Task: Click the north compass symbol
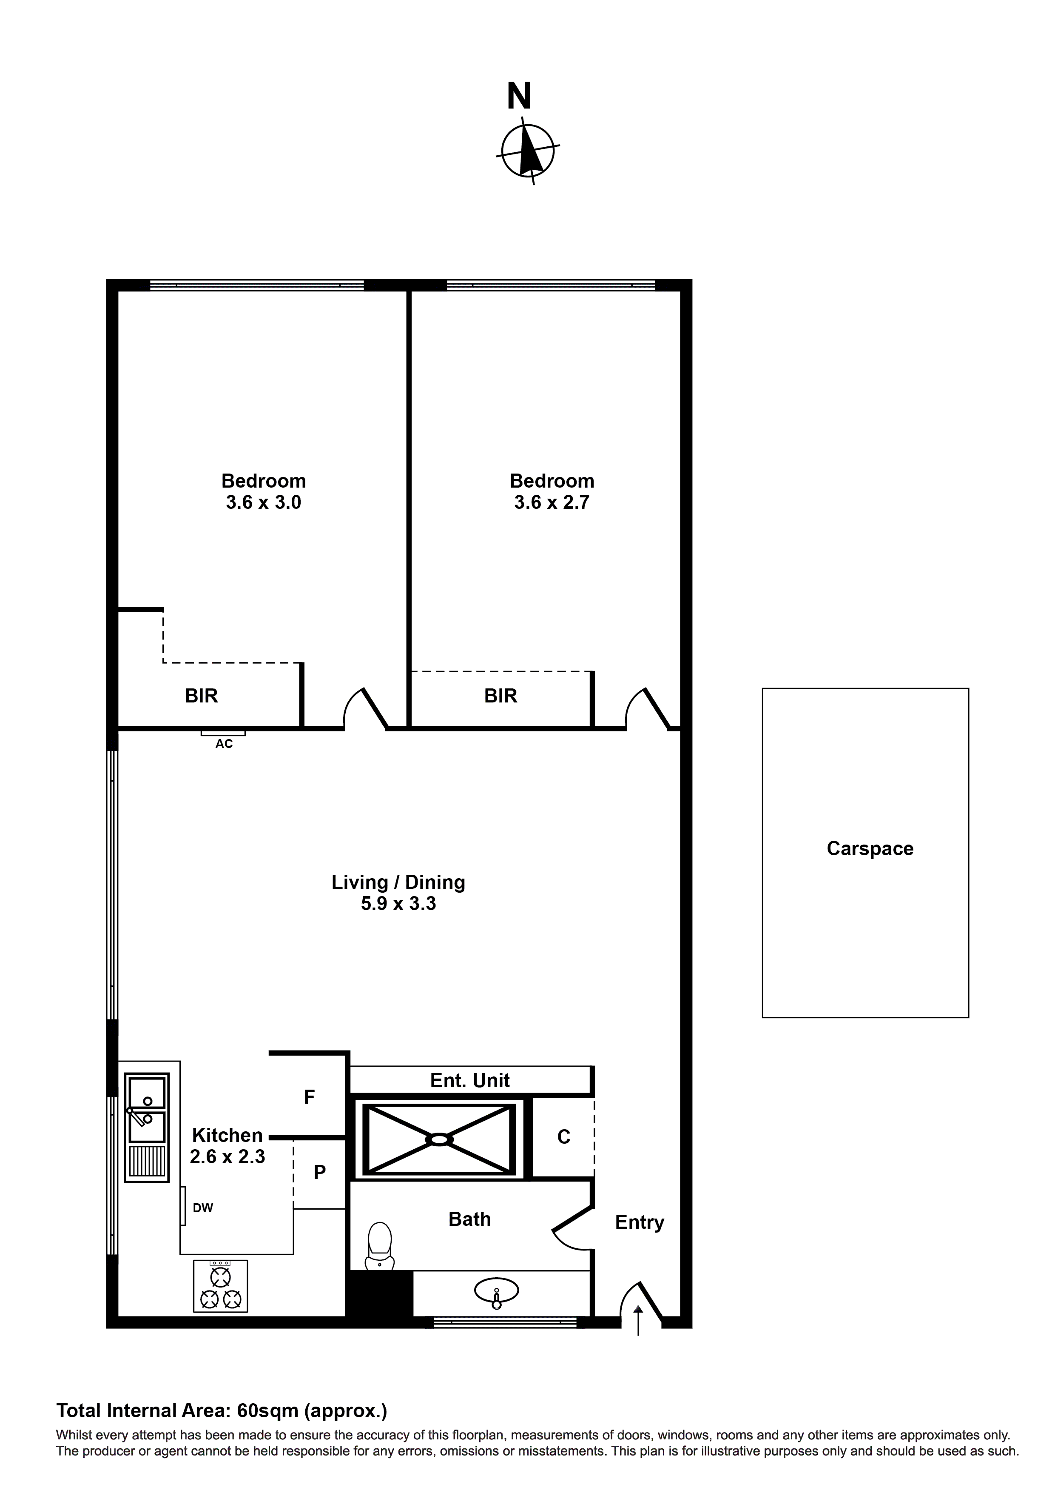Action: pyautogui.click(x=527, y=150)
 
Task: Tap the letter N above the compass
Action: pyautogui.click(x=519, y=96)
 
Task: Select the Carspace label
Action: pyautogui.click(x=870, y=848)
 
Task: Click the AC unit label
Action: pyautogui.click(x=224, y=744)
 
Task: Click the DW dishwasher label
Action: pyautogui.click(x=203, y=1208)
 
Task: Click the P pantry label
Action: pyautogui.click(x=319, y=1173)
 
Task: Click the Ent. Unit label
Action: pyautogui.click(x=470, y=1081)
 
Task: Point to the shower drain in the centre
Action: pyautogui.click(x=439, y=1139)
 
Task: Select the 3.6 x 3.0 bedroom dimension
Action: pyautogui.click(x=263, y=502)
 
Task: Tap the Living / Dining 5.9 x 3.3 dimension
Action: pyautogui.click(x=398, y=904)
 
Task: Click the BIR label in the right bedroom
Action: pyautogui.click(x=500, y=696)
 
